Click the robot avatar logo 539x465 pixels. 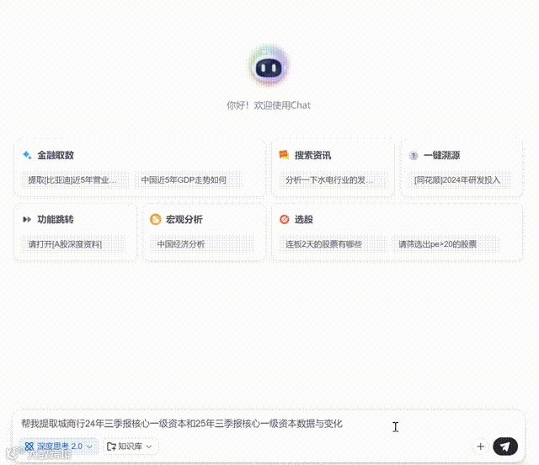point(269,67)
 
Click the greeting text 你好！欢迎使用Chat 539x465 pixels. point(269,105)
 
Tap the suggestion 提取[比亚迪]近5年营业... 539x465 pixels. point(78,179)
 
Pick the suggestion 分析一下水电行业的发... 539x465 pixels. point(329,179)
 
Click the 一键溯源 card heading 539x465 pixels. point(441,155)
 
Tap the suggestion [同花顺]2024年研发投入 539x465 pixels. point(457,179)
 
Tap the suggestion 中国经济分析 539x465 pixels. point(181,244)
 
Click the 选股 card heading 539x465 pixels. point(303,219)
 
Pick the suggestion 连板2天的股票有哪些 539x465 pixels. point(323,244)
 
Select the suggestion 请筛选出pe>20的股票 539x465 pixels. point(437,244)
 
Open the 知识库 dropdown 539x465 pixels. point(131,446)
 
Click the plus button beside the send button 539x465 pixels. point(480,446)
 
